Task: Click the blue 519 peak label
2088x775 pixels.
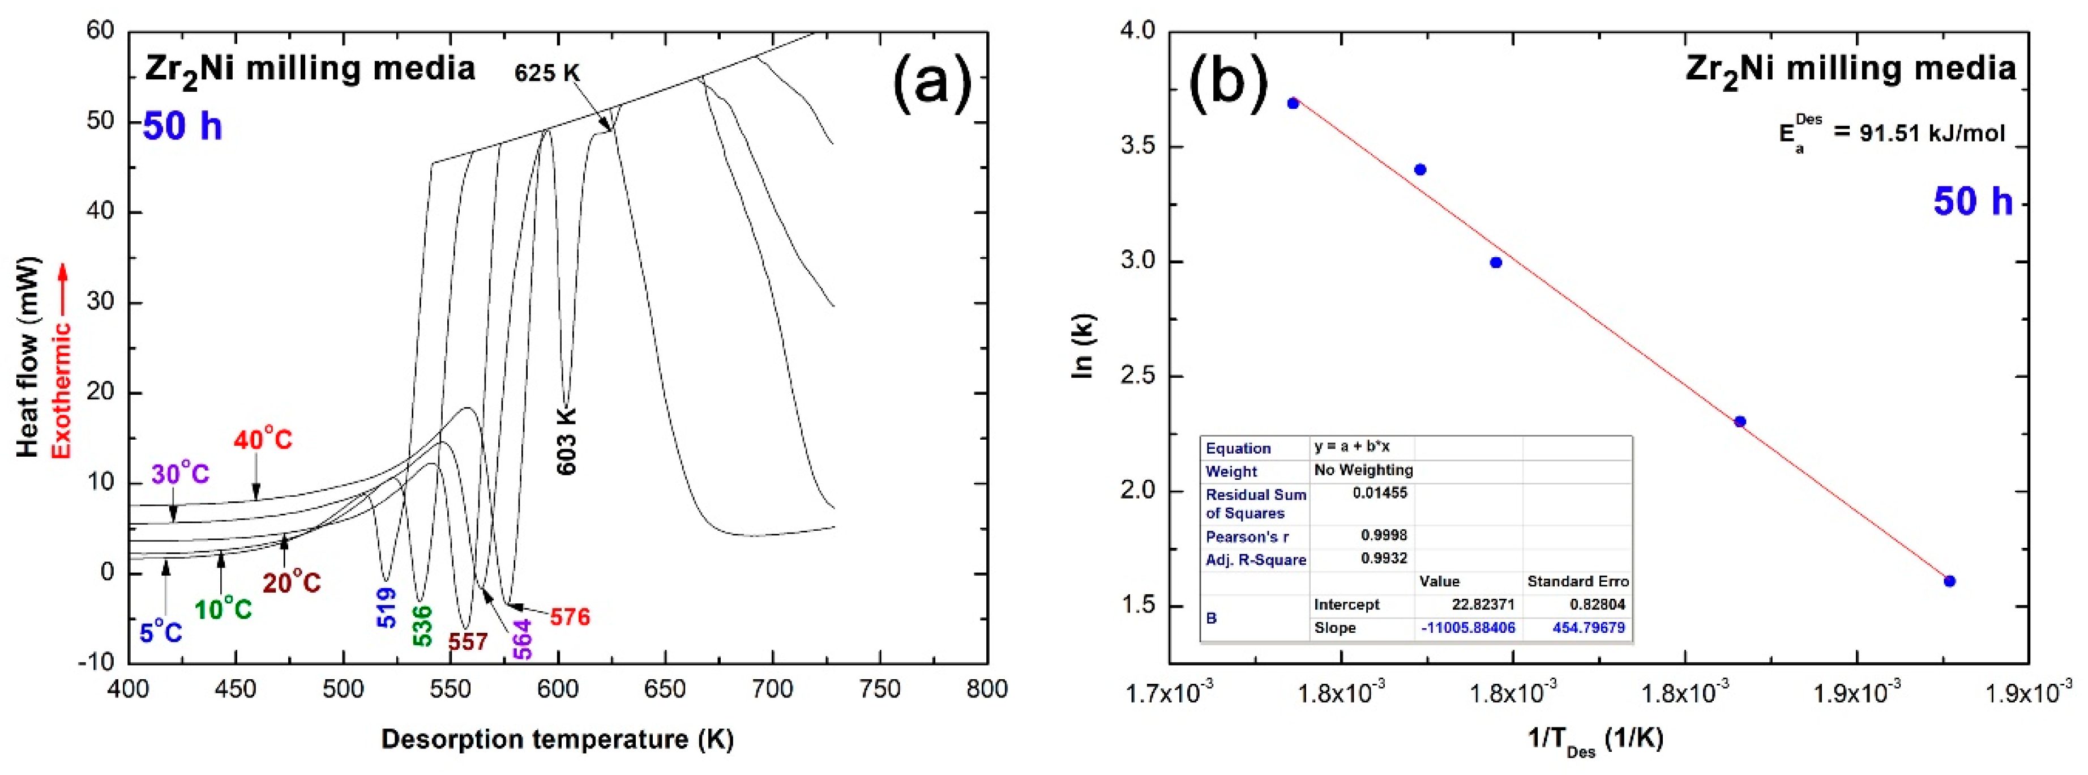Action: tap(387, 608)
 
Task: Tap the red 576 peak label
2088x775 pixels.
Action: tap(570, 617)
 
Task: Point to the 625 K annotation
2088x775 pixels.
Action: tap(547, 74)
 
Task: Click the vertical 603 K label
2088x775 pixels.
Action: tap(566, 440)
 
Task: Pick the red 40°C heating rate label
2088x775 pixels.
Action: tap(263, 440)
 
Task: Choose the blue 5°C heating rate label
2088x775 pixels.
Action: tap(160, 632)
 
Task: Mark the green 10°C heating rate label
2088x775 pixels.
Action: tap(223, 609)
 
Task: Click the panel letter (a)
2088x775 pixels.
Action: tap(931, 82)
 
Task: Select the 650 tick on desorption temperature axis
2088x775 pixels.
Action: tap(665, 690)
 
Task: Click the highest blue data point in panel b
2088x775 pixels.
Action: tap(1293, 103)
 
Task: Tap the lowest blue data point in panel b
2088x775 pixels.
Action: tap(1949, 581)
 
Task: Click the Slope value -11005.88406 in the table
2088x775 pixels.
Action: tap(1468, 628)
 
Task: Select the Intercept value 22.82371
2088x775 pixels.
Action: tap(1483, 604)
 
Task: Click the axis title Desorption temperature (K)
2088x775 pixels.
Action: tap(557, 739)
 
